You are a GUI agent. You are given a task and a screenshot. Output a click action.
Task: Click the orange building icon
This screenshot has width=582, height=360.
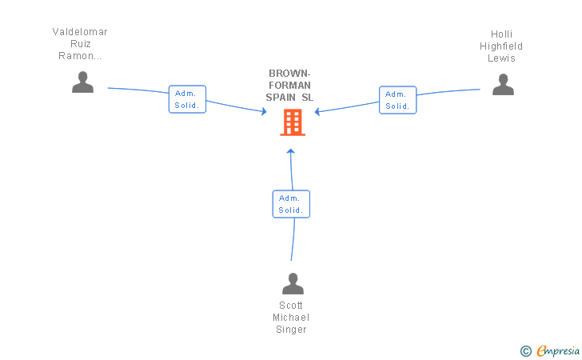click(293, 122)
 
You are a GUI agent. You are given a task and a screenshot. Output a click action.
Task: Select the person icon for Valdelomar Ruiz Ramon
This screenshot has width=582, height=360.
click(83, 82)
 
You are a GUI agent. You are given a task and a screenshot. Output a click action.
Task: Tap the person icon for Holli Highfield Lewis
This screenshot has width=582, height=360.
click(503, 84)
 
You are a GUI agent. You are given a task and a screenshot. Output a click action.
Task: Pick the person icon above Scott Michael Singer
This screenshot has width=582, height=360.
click(293, 283)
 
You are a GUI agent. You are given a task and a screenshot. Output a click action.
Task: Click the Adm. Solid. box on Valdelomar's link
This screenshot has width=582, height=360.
click(187, 99)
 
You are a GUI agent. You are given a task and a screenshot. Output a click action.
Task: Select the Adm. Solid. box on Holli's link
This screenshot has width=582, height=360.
click(397, 100)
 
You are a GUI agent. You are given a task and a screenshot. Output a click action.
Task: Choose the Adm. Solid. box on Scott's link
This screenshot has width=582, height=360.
click(290, 204)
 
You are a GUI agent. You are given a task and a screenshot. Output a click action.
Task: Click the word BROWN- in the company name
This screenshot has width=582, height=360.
click(290, 73)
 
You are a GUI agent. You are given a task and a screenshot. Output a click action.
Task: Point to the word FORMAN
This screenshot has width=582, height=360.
click(290, 85)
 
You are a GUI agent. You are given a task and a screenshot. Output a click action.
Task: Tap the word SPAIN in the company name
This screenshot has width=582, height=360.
click(282, 97)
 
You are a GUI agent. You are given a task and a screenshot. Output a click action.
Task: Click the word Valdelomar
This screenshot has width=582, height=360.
click(80, 32)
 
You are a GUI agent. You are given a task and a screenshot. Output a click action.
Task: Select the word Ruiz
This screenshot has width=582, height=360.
click(80, 44)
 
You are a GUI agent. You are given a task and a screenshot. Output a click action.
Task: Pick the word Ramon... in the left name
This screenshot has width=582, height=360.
click(80, 56)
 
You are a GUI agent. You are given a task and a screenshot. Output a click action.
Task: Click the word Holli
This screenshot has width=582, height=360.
click(502, 34)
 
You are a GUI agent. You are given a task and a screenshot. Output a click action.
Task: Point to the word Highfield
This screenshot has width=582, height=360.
click(501, 46)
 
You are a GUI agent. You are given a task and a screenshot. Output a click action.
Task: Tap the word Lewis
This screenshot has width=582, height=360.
click(501, 58)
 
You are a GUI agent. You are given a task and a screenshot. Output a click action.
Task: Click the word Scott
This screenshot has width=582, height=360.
click(291, 306)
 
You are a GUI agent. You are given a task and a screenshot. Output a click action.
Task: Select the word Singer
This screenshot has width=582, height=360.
click(291, 330)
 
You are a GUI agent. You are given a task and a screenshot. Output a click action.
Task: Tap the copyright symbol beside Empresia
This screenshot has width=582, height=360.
click(526, 350)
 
